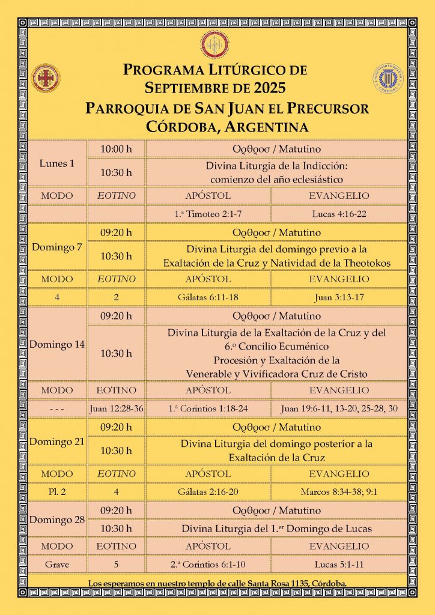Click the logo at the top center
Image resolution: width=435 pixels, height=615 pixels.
(217, 43)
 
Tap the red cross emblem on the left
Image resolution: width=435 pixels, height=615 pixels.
(46, 77)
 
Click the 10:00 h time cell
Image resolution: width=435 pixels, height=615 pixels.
(116, 148)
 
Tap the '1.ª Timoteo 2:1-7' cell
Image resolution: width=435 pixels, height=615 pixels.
(207, 213)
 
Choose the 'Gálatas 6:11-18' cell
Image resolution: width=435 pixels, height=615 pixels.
(207, 297)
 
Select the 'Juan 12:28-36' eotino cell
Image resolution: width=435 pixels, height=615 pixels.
(116, 409)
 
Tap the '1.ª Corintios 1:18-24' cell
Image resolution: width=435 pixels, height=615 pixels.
(207, 409)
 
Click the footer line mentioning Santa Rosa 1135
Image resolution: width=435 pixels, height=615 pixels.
(217, 584)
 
